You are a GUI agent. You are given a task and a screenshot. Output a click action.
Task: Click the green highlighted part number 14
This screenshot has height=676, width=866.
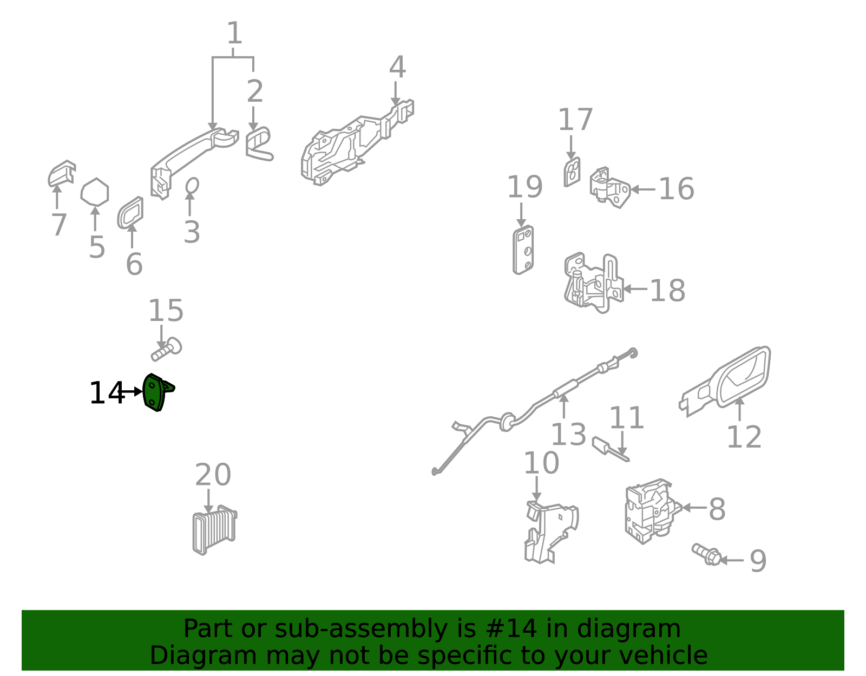(x=155, y=393)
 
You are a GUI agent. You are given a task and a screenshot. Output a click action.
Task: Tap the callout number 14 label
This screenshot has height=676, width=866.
(x=107, y=393)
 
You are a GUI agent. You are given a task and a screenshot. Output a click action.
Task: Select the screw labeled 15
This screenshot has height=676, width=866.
(x=167, y=350)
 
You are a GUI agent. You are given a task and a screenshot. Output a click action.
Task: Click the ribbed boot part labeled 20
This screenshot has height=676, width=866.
(x=215, y=530)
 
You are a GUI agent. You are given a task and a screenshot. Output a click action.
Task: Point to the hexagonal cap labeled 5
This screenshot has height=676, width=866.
(x=95, y=192)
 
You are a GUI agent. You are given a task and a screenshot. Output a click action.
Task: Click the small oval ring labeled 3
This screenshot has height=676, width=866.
(x=192, y=186)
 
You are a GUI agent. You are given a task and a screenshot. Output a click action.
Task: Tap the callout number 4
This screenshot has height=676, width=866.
(x=397, y=67)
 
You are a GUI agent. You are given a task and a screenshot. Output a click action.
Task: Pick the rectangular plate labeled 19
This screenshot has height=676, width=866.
(x=523, y=250)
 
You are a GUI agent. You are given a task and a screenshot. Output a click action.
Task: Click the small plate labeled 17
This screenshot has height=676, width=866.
(x=572, y=172)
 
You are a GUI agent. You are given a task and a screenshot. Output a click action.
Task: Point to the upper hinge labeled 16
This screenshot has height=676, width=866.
(x=610, y=188)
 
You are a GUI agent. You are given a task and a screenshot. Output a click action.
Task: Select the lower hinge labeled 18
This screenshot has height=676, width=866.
(x=593, y=283)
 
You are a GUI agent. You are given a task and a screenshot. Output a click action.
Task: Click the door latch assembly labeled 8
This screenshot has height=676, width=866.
(x=652, y=511)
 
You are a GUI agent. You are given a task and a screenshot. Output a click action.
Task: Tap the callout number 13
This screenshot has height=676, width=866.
(x=568, y=435)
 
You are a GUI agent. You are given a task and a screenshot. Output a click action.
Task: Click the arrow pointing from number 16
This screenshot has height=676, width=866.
(x=643, y=189)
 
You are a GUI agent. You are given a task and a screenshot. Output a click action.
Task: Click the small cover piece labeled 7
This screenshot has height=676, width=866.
(x=61, y=173)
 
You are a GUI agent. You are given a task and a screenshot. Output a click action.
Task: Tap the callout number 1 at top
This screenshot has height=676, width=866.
(x=234, y=33)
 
